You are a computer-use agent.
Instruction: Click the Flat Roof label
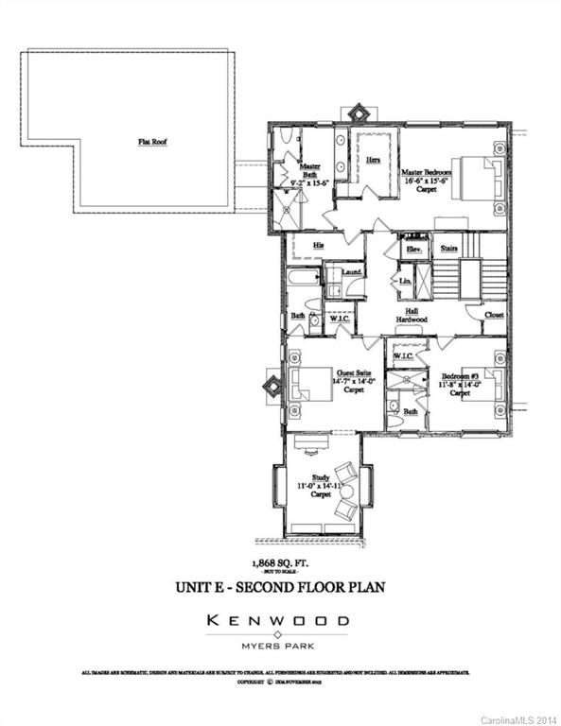pyautogui.click(x=150, y=143)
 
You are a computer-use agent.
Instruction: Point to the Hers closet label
pyautogui.click(x=374, y=162)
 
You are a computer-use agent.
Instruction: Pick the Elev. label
pyautogui.click(x=412, y=249)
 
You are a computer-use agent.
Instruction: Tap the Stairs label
pyautogui.click(x=449, y=249)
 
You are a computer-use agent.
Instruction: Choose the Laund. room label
pyautogui.click(x=352, y=272)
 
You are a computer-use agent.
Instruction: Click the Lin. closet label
pyautogui.click(x=405, y=282)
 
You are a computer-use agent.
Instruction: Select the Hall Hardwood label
pyautogui.click(x=412, y=315)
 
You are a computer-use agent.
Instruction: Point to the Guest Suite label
pyautogui.click(x=353, y=380)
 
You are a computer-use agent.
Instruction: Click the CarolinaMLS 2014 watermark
pyautogui.click(x=519, y=719)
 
